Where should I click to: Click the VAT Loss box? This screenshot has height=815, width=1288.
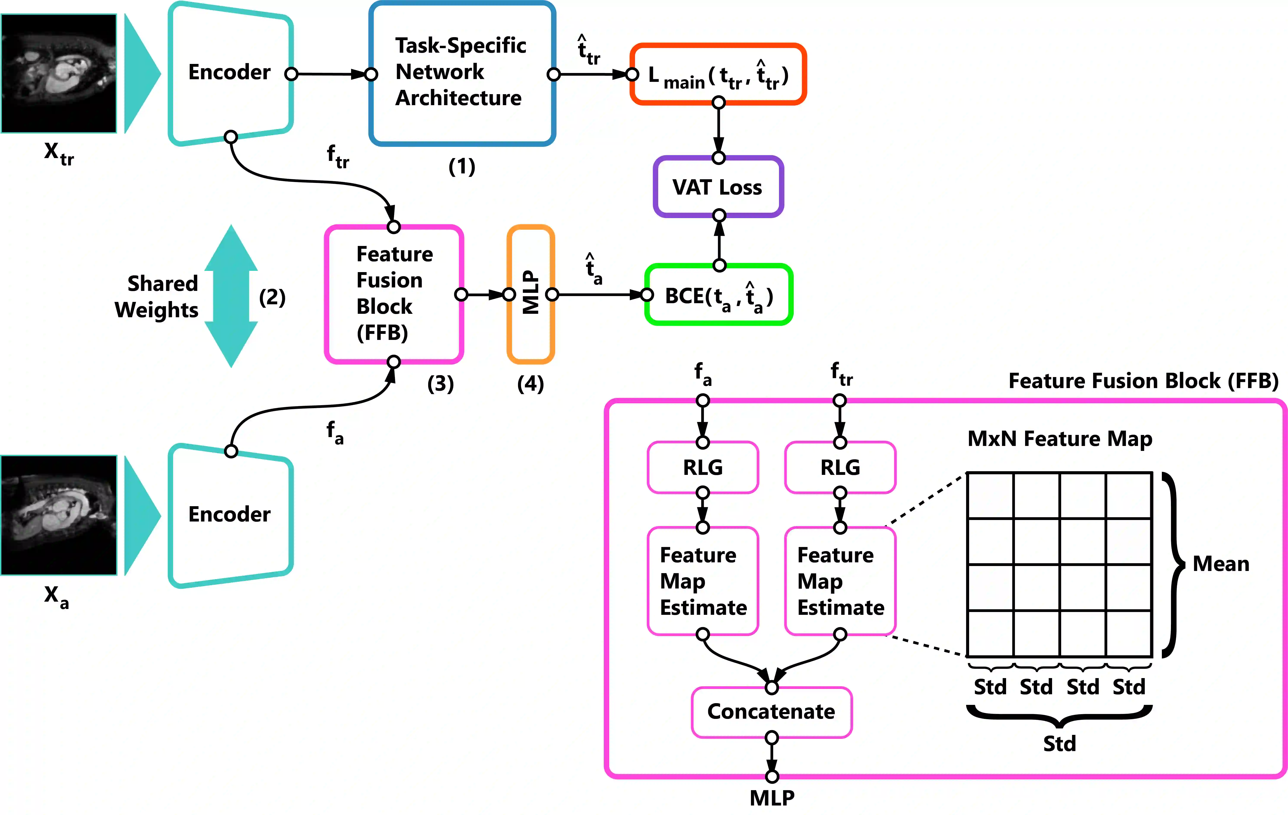point(718,187)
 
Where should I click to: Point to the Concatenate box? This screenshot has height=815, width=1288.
point(771,712)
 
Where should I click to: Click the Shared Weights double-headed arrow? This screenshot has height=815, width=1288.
point(231,296)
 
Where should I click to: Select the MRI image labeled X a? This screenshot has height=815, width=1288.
point(59,515)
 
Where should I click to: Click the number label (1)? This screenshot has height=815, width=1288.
point(462,167)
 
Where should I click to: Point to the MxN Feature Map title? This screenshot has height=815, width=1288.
point(1060,439)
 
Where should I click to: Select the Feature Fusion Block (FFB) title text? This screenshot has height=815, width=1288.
point(1143,381)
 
